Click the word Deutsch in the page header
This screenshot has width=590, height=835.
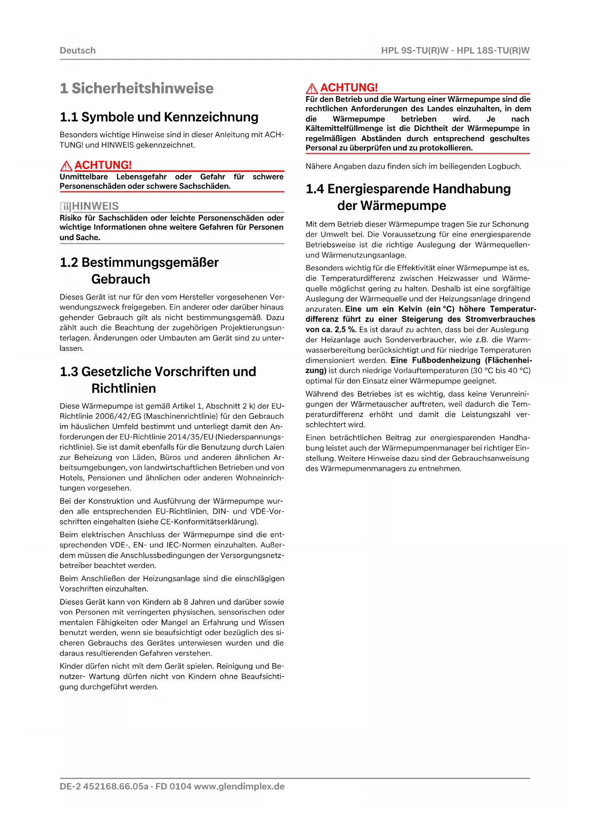(77, 50)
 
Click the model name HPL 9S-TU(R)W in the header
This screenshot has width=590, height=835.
(415, 50)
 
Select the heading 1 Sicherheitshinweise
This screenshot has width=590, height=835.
(137, 88)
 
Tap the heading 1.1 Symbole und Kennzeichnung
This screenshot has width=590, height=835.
(159, 117)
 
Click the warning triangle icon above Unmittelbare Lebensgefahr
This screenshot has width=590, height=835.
(67, 166)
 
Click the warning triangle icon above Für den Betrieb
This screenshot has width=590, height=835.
(312, 89)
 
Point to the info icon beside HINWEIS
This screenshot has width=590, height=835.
(65, 207)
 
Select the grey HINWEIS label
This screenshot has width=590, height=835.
(95, 206)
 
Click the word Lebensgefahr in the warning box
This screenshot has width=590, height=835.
(141, 177)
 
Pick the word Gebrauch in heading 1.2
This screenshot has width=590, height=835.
(121, 279)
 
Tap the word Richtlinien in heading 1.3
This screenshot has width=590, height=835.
(124, 388)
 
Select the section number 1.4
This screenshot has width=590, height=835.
(315, 189)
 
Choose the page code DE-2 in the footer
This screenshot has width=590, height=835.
(70, 786)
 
